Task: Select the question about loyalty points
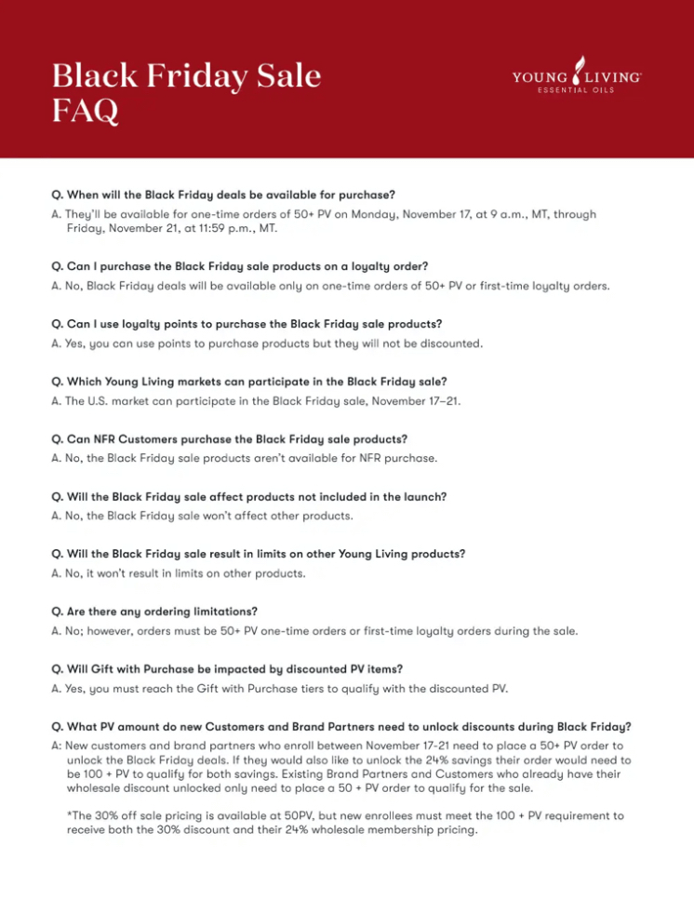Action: pos(247,324)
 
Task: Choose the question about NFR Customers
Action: pos(230,438)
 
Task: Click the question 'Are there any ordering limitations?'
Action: pos(154,611)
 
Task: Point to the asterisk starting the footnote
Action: pos(69,815)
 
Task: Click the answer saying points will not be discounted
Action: pos(267,343)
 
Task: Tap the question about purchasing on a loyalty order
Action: pos(240,266)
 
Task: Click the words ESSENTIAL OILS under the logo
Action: pos(576,91)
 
